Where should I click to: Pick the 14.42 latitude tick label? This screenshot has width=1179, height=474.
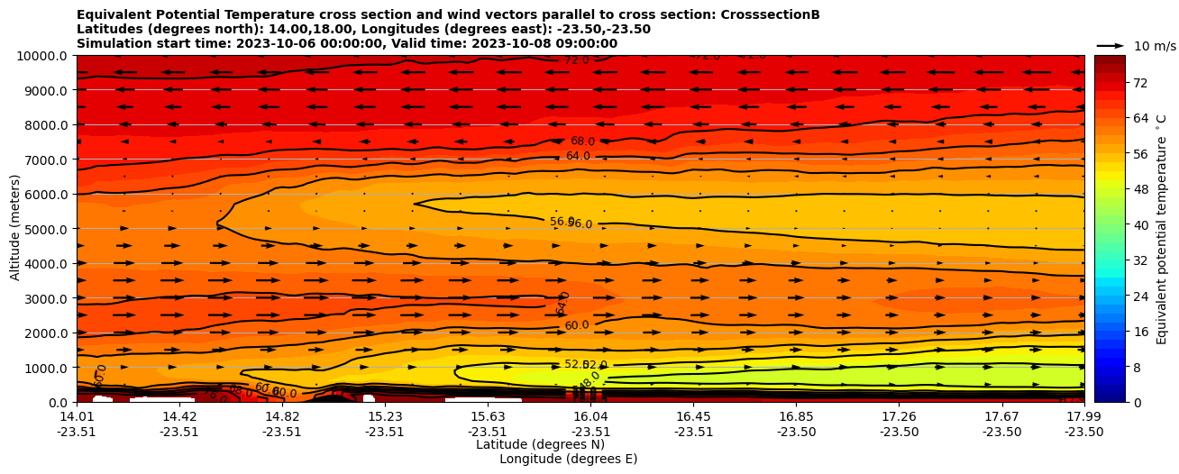coord(179,416)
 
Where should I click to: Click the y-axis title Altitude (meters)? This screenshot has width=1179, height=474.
coord(15,229)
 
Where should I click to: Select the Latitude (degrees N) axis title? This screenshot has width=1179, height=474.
coord(540,444)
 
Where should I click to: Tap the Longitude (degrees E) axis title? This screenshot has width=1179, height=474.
coord(568,459)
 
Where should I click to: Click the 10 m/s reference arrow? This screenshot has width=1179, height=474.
coord(1110,45)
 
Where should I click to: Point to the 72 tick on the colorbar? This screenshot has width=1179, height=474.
coord(1115,83)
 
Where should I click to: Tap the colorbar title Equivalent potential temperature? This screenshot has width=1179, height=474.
coord(1162,229)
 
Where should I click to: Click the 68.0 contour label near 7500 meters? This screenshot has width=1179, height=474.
coord(582,141)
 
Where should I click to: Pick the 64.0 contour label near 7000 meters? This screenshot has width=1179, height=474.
coord(578,156)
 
